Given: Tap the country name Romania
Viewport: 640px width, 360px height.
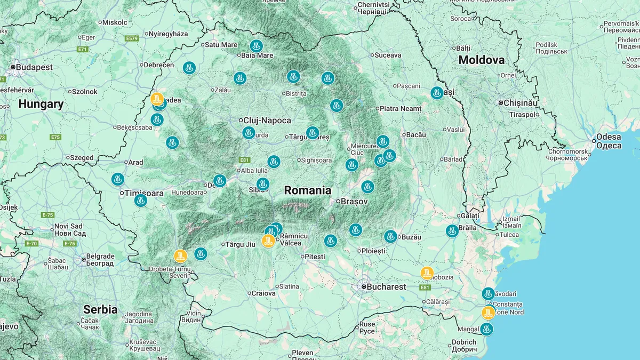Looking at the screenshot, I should coord(307,190).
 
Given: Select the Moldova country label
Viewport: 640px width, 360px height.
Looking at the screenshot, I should coord(481,60).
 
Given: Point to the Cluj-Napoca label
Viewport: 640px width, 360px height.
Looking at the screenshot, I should coord(267,121).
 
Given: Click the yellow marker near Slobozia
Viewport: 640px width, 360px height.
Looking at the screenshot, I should coord(427,273).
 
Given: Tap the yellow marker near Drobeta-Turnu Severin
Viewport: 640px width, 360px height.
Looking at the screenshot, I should coord(181,256).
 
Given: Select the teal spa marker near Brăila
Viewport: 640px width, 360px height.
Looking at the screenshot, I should coord(452,231).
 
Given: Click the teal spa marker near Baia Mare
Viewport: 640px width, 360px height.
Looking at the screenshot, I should coord(257,46).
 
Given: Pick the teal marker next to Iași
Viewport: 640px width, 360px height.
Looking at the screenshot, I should coord(437,93).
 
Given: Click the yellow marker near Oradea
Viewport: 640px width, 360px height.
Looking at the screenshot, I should coord(157,99).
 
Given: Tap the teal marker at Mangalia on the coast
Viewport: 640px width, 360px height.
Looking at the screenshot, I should coord(486,329).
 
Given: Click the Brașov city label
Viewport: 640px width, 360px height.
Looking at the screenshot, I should coord(354,202).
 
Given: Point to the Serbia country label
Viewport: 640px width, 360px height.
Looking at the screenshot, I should coord(100,309).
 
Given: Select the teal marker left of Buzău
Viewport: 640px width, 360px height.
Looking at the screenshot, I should coord(390,236).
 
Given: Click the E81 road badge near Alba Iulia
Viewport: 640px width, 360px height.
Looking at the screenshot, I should coord(245,160).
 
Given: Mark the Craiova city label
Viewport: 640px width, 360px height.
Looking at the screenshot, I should coord(263,293).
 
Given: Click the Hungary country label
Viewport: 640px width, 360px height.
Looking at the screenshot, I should coord(41,105).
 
